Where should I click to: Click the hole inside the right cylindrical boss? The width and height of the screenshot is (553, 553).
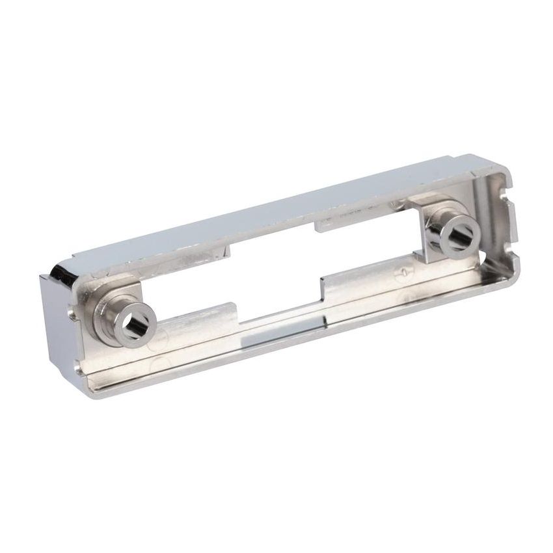pos(459,234)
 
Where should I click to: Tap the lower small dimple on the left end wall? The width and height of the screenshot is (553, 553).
pos(79,368)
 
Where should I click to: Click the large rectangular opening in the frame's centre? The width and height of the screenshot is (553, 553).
pos(273,273)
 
